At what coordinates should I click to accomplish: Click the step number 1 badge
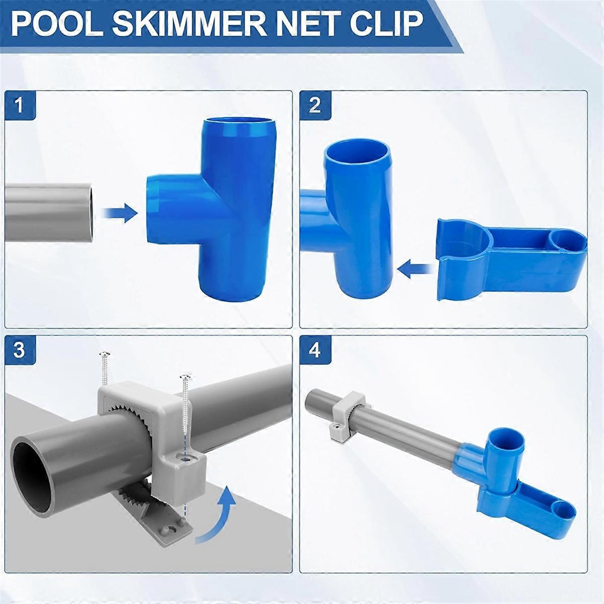click(x=20, y=105)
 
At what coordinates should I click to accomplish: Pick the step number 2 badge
click(x=315, y=105)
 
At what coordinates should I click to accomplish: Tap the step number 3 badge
click(x=20, y=350)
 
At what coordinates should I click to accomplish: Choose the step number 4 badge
click(x=315, y=350)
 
